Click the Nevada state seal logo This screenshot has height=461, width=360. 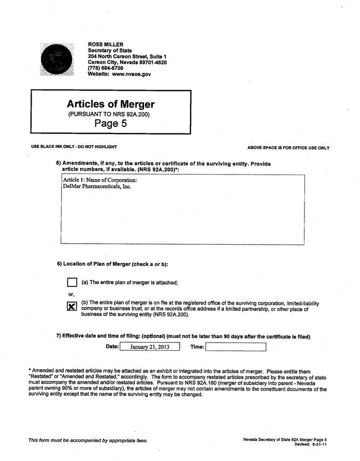[57, 58]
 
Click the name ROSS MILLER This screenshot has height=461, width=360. [106, 44]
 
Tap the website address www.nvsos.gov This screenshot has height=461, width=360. [131, 75]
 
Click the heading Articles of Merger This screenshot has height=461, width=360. [111, 104]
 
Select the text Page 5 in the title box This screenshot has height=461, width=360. [111, 123]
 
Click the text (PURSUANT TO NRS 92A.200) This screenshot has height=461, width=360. [109, 114]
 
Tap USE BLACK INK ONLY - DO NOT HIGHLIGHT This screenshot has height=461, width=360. [74, 147]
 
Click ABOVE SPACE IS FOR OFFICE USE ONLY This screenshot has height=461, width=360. [288, 148]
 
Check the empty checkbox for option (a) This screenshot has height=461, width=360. [72, 282]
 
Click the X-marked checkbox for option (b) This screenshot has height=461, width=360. [72, 306]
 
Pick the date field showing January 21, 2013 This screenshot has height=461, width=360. [149, 347]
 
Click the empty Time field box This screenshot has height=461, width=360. [236, 347]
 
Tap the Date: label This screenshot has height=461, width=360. [112, 346]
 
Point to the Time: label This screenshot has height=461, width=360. [197, 346]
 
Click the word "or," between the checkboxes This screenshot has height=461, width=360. [71, 294]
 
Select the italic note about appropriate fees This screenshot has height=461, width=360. [88, 440]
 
